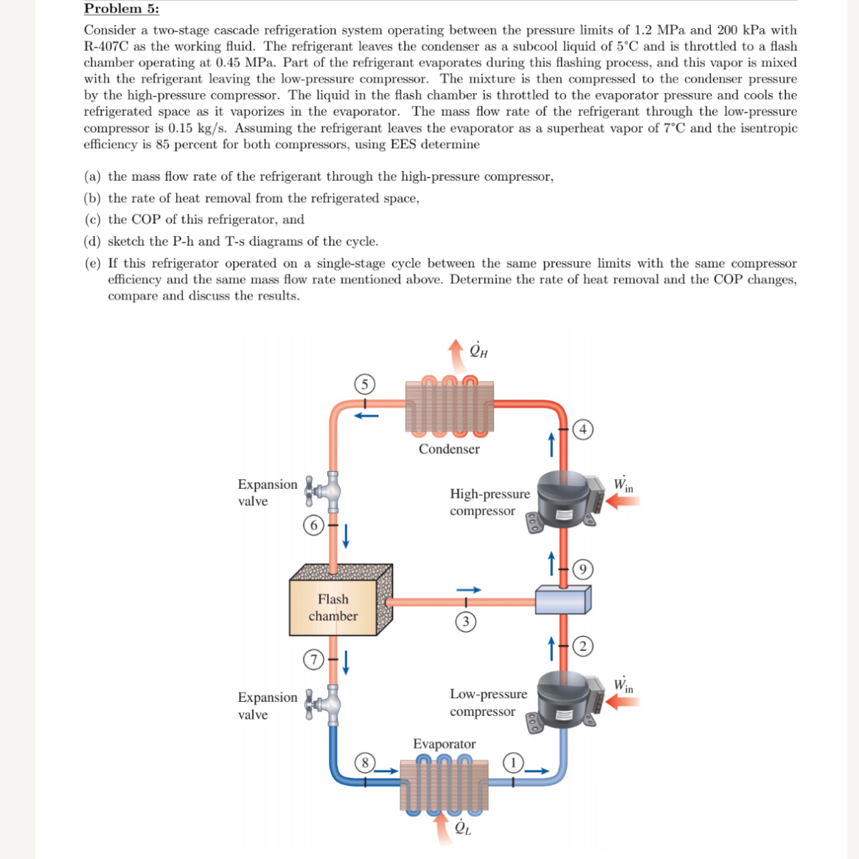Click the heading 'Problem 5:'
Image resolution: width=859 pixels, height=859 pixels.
coord(121,9)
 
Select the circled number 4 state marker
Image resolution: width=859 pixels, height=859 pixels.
coord(582,429)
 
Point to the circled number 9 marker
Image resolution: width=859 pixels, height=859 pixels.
coord(582,569)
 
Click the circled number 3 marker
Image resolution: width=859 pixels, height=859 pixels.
coord(465,622)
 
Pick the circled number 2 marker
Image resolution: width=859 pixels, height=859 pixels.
coord(582,647)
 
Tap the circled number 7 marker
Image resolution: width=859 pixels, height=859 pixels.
coord(314,659)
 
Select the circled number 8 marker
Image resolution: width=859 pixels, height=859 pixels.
coord(364,762)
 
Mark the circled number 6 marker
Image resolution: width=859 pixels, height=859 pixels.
coord(314,525)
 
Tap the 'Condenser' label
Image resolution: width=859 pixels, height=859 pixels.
coord(449,449)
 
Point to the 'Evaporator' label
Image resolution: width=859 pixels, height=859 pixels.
coord(444,744)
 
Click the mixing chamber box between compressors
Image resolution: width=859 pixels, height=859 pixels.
coord(562,599)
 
